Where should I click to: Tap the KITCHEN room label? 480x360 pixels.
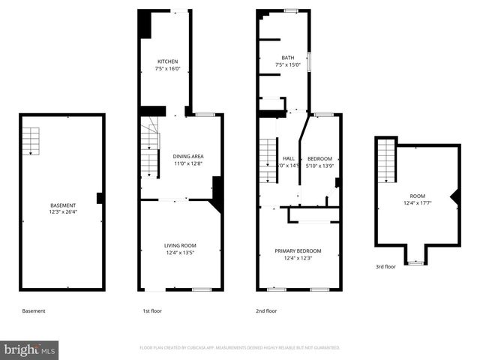(x=167, y=61)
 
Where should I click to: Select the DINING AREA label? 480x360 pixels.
(x=188, y=157)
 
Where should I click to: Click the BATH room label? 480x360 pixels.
(x=288, y=58)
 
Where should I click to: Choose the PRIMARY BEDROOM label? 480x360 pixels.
(x=298, y=250)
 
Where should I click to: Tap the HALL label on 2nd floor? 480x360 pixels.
(x=289, y=158)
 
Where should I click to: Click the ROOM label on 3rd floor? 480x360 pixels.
(x=417, y=196)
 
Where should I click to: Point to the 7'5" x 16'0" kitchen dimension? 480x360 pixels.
(x=167, y=68)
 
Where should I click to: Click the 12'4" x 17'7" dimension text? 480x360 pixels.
(x=417, y=202)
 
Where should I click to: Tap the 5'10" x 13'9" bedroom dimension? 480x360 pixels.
(x=319, y=166)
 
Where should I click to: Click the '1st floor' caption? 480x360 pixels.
(x=151, y=310)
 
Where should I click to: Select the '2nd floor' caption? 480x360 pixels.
(x=267, y=310)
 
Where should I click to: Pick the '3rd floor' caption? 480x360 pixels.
(x=386, y=266)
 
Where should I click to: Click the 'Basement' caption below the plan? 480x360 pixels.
(x=34, y=310)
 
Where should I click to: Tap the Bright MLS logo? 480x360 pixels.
(x=30, y=349)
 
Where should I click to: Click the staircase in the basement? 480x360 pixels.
(x=30, y=140)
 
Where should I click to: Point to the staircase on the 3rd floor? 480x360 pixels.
(x=385, y=160)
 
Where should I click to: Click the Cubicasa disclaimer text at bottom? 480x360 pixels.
(x=240, y=348)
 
